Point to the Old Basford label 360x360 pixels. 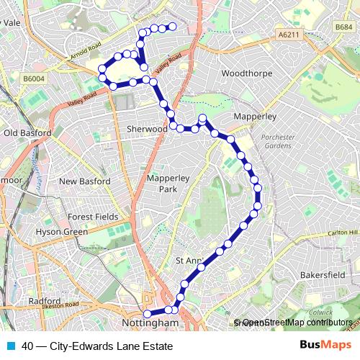(27, 132)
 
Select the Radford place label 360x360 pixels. (45, 301)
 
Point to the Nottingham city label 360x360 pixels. (150, 323)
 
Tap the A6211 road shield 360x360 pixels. (287, 34)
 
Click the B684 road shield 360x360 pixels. (343, 27)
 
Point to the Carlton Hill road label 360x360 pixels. (343, 233)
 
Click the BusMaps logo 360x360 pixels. (326, 345)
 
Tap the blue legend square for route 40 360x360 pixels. (11, 346)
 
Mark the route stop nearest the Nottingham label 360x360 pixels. (148, 314)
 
